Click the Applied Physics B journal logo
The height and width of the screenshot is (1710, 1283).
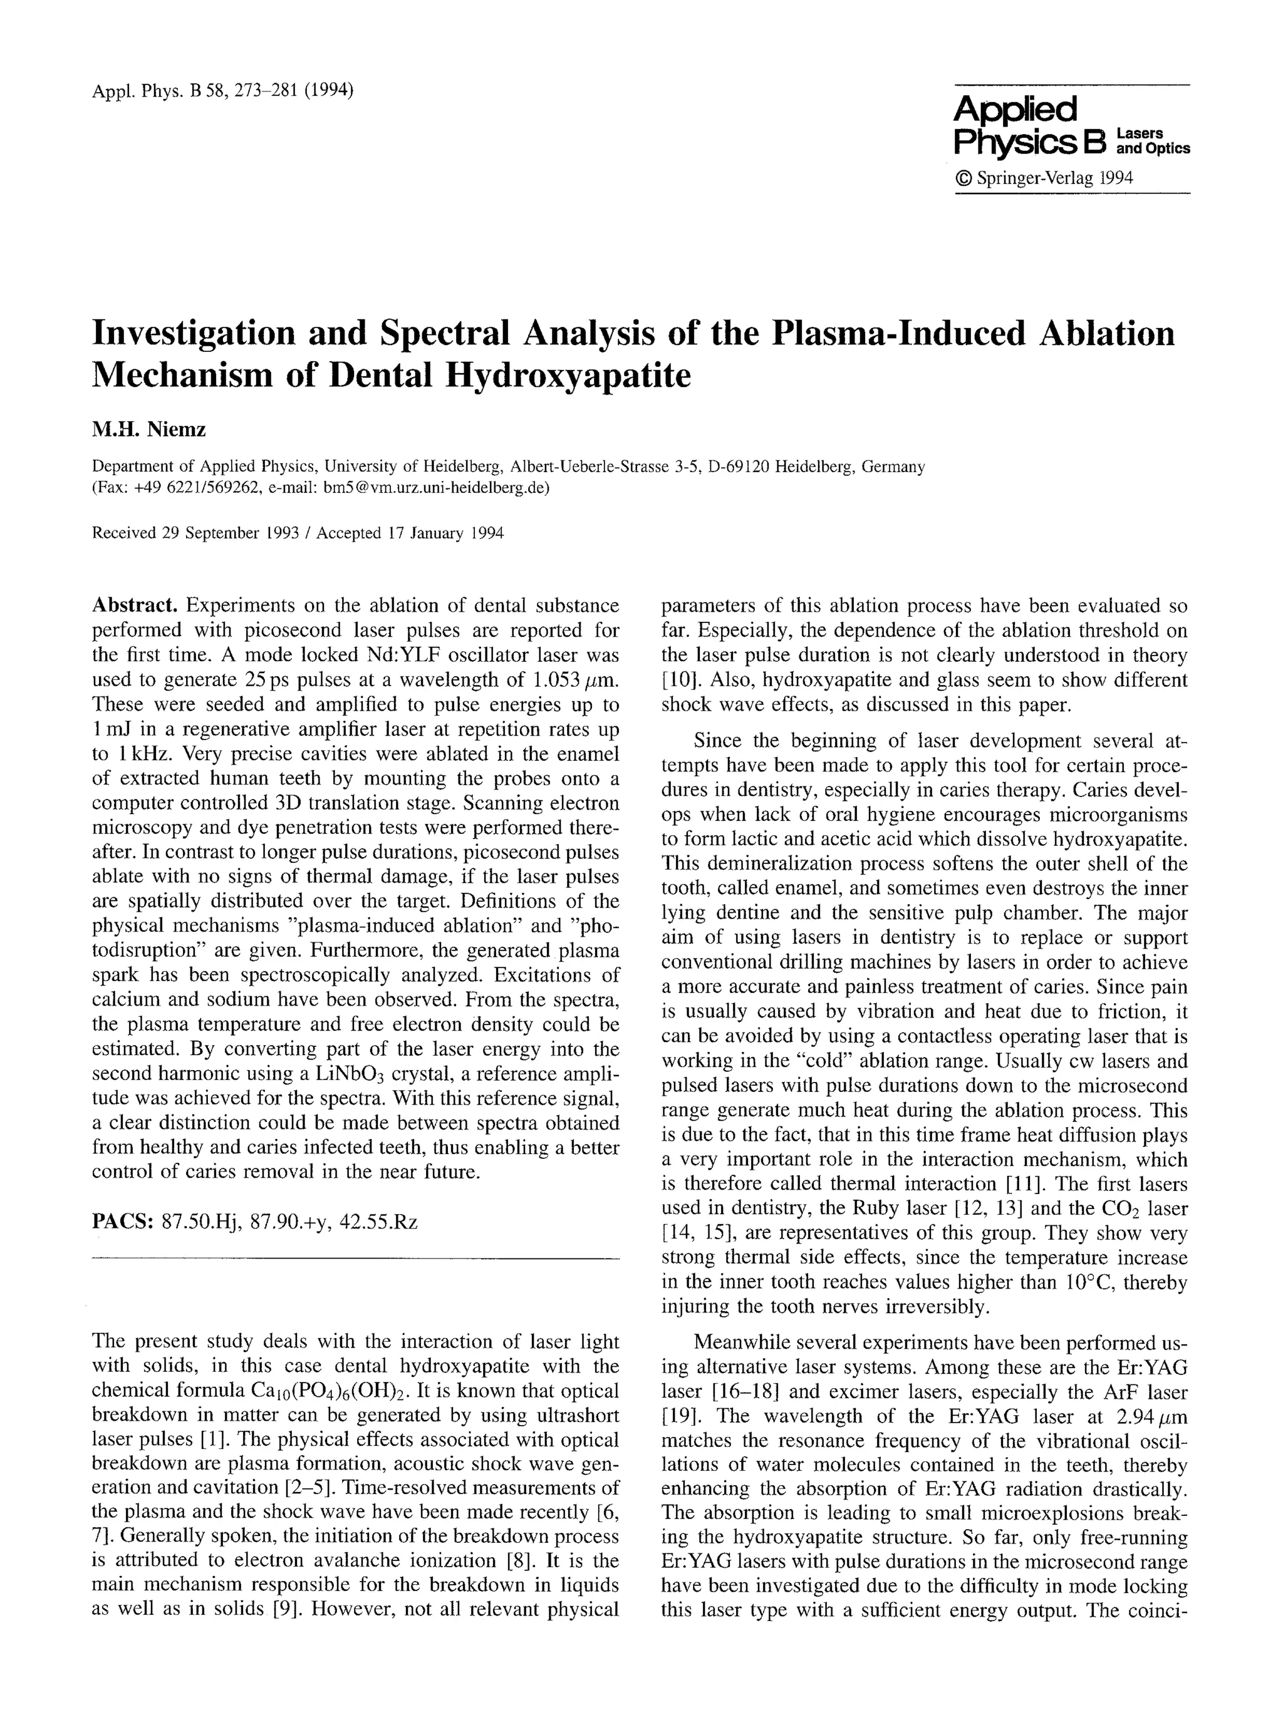[x=1071, y=126]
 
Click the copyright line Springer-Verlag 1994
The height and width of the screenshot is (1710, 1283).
[x=1044, y=178]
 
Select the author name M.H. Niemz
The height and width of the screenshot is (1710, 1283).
[x=148, y=429]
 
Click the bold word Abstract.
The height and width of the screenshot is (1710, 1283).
[x=135, y=605]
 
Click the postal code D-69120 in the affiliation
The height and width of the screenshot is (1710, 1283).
[x=738, y=467]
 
